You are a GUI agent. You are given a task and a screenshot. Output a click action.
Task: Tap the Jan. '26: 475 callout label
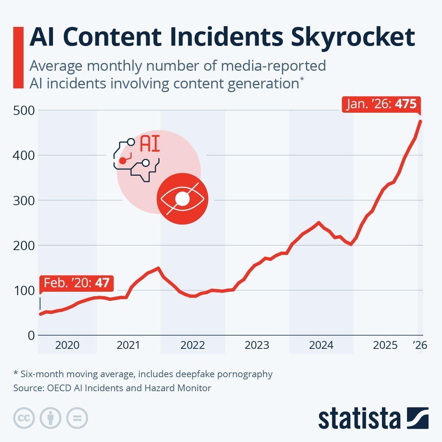(381, 104)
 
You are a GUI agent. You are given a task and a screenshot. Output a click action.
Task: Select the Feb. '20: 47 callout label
(77, 283)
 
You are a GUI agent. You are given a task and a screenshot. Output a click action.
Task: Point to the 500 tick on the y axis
(24, 110)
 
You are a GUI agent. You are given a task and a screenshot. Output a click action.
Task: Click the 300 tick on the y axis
(24, 200)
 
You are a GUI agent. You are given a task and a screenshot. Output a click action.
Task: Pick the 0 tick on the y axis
(31, 335)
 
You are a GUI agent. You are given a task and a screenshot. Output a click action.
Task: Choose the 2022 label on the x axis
(193, 345)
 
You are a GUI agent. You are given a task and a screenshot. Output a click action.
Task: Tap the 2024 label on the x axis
(321, 345)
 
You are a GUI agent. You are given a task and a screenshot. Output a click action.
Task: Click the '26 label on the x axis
(420, 345)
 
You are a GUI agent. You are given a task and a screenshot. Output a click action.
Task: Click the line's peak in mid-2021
(158, 268)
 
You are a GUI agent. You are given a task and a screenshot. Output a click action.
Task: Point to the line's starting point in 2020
(40, 314)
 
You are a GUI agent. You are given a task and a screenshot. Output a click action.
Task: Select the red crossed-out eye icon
(183, 199)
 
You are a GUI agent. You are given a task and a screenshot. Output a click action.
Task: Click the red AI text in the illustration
(150, 144)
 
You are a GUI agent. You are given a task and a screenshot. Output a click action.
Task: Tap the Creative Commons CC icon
(24, 418)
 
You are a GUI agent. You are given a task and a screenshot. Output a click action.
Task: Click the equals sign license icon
(77, 418)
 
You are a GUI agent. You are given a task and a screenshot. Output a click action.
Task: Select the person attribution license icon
(50, 418)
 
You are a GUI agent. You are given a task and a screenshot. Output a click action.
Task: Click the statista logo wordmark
(359, 418)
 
